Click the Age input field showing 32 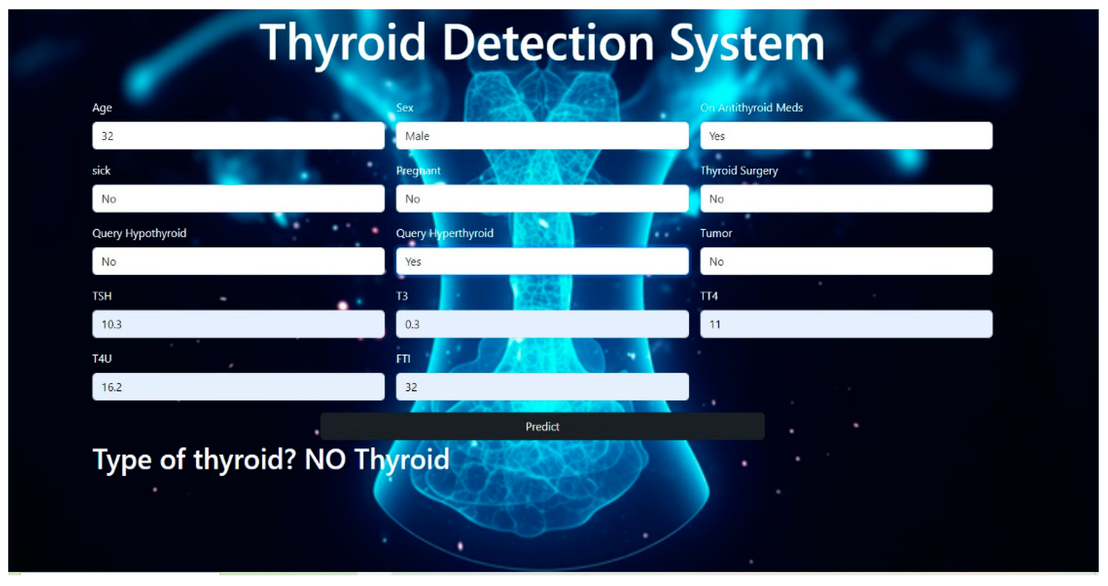pyautogui.click(x=238, y=136)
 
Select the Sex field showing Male pyautogui.click(x=542, y=136)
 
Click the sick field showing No pyautogui.click(x=238, y=199)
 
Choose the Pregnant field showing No pyautogui.click(x=542, y=199)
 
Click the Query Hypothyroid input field pyautogui.click(x=238, y=262)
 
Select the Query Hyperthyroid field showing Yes pyautogui.click(x=542, y=262)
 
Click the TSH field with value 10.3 pyautogui.click(x=238, y=324)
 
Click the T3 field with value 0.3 pyautogui.click(x=542, y=324)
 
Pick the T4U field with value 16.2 pyautogui.click(x=238, y=387)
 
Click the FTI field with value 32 pyautogui.click(x=542, y=387)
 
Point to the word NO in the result pyautogui.click(x=325, y=459)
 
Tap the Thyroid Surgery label pyautogui.click(x=739, y=171)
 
